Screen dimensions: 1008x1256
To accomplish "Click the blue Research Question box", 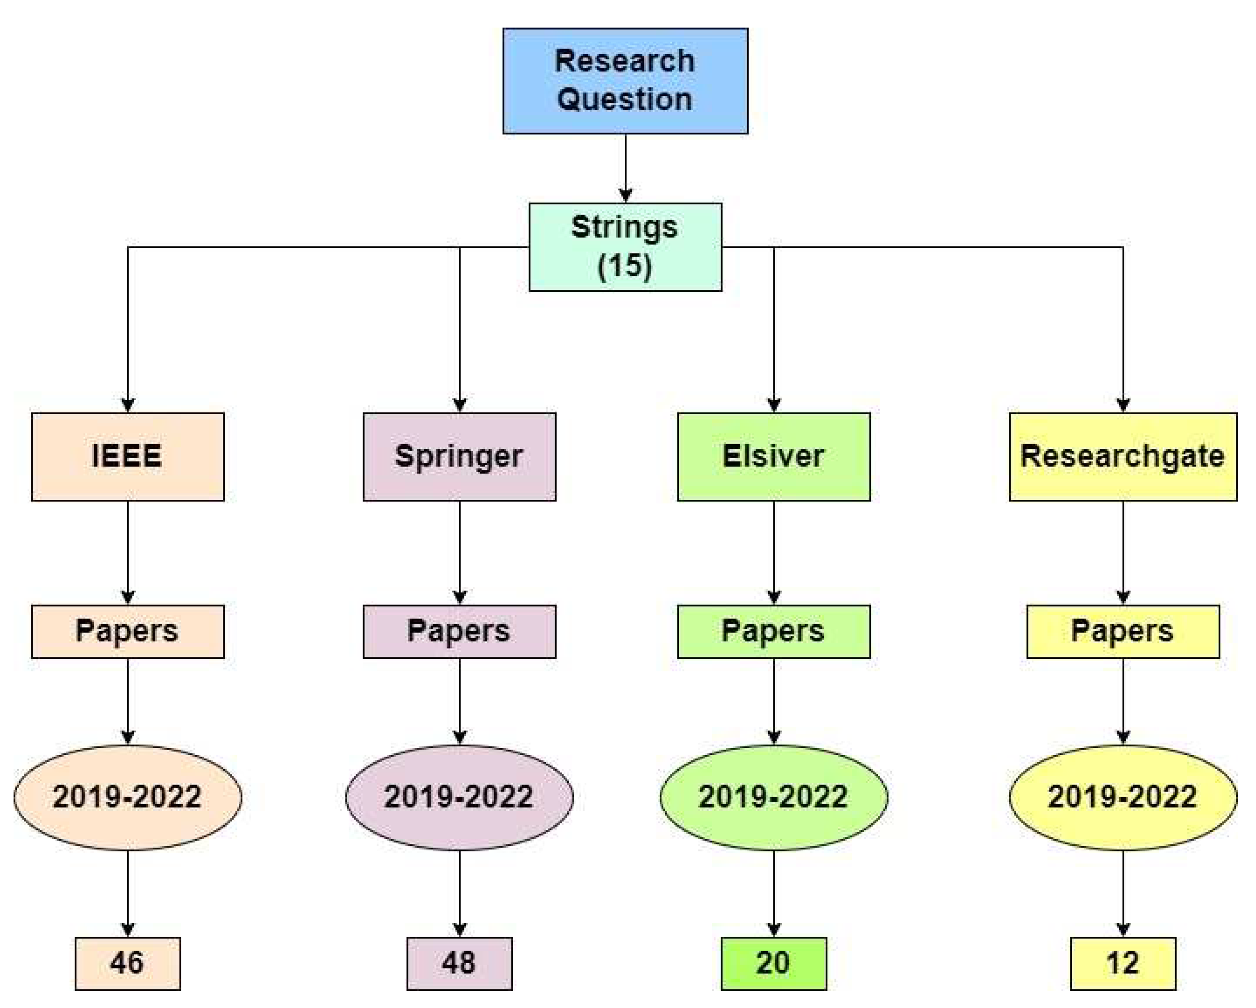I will (625, 80).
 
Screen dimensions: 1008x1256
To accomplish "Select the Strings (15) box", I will (625, 246).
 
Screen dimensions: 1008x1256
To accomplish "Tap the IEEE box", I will (128, 456).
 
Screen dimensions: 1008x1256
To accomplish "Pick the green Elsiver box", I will (774, 456).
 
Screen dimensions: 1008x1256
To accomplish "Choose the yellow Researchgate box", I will (1122, 456).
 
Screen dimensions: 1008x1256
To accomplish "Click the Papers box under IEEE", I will (128, 631).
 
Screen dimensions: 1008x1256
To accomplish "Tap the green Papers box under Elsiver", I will (774, 631).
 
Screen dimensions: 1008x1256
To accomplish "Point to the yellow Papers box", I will (1122, 631).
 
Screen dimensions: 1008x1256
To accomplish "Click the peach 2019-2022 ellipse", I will (128, 797).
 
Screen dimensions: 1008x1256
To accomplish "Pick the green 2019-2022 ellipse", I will (774, 797).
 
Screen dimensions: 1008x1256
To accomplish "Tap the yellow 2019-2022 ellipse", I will (1122, 797).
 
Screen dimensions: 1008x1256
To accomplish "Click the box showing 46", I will (128, 963).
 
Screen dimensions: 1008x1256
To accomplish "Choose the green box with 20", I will (774, 963).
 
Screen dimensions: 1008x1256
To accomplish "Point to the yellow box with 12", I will (1122, 963).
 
